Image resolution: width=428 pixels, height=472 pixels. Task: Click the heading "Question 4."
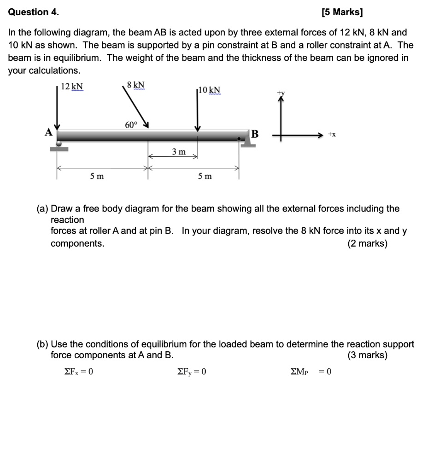tap(34, 12)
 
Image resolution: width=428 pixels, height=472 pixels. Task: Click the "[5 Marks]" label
tap(342, 12)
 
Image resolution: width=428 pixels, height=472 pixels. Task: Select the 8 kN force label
tap(135, 85)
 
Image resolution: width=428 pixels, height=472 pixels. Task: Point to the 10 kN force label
tap(210, 89)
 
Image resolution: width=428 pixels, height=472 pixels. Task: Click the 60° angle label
tap(131, 125)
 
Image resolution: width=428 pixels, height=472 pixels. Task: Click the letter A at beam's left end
tap(48, 132)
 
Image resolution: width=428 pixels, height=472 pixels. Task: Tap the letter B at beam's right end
tap(254, 135)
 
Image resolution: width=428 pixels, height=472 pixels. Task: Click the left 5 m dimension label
tap(97, 176)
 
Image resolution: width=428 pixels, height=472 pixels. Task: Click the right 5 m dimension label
tap(205, 176)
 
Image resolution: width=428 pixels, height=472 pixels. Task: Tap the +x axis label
tap(332, 134)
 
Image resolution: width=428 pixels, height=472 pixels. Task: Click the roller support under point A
tap(59, 146)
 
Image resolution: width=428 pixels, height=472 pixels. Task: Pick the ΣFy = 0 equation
tap(192, 371)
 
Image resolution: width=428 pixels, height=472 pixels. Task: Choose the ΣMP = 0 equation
tap(311, 371)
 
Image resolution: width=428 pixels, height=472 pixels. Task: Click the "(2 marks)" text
tap(367, 243)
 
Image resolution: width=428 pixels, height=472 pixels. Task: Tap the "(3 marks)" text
tap(367, 355)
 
